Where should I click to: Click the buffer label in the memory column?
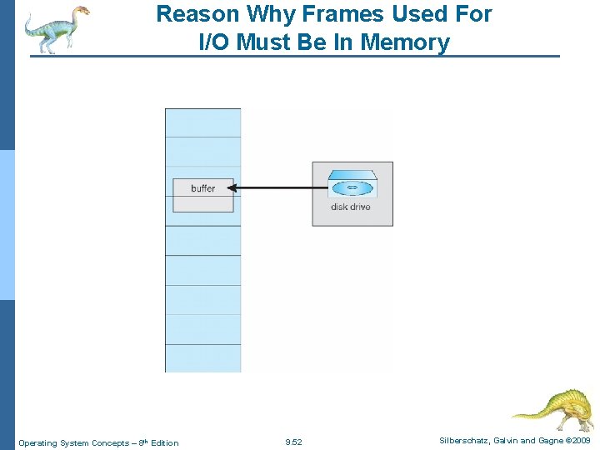click(202, 188)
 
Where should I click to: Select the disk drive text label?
click(351, 207)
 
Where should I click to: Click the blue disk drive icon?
click(352, 187)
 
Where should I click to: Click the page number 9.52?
click(293, 442)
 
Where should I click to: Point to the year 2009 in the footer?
click(582, 441)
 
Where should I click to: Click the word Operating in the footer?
click(37, 442)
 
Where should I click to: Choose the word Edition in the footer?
click(162, 442)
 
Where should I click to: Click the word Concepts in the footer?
click(109, 442)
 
